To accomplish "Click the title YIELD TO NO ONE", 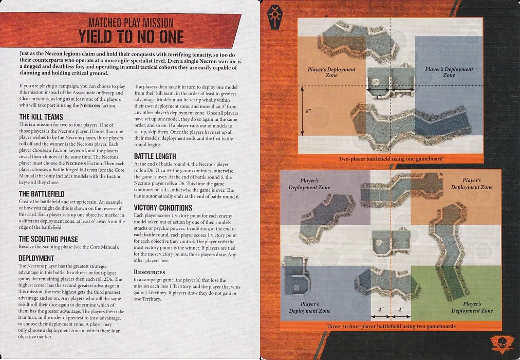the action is click(x=131, y=37).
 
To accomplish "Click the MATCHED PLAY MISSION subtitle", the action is click(x=131, y=23).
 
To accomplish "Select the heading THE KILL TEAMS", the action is click(x=41, y=117).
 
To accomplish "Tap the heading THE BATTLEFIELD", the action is click(x=42, y=194).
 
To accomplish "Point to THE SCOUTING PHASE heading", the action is click(x=48, y=239).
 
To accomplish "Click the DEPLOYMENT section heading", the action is click(x=36, y=258).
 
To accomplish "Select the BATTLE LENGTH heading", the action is click(x=155, y=156).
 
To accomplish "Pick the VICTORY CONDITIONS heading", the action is click(x=163, y=208).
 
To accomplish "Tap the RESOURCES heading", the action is click(x=149, y=272).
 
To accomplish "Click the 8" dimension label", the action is click(x=309, y=111).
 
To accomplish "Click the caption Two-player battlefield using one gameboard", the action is click(x=391, y=158).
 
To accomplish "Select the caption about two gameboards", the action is click(x=391, y=326).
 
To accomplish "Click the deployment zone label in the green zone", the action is click(x=472, y=307).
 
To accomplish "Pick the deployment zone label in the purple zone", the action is click(x=309, y=184).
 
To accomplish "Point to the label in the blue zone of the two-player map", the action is click(x=449, y=72).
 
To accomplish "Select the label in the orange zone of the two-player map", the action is click(x=331, y=72).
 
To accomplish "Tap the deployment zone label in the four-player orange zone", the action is click(x=472, y=184).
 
